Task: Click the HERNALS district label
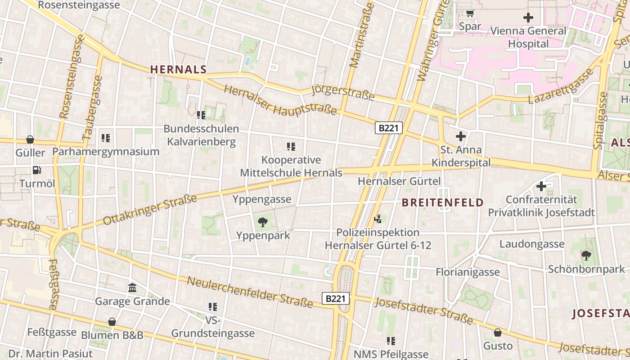coord(178,69)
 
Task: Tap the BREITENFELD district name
coord(442,202)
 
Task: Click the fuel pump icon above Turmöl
coord(36,170)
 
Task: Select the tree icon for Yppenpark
coord(263,222)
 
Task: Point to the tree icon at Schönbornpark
coord(586,256)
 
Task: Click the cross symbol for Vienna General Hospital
coord(528,18)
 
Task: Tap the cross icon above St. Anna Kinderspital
coord(461,136)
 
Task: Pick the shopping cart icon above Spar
coord(470,13)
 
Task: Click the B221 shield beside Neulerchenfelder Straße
coord(336,298)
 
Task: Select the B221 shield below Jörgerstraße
coord(388,128)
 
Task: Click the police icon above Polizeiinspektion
coord(378,219)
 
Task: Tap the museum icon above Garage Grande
coord(132,288)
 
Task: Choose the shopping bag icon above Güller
coord(30,139)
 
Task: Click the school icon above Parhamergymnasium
coord(106,138)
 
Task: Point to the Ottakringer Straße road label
coord(150,210)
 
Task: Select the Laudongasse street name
coord(531,244)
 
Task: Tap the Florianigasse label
coord(468,272)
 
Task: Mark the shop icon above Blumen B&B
coord(112,322)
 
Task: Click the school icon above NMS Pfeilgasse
coord(391,341)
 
